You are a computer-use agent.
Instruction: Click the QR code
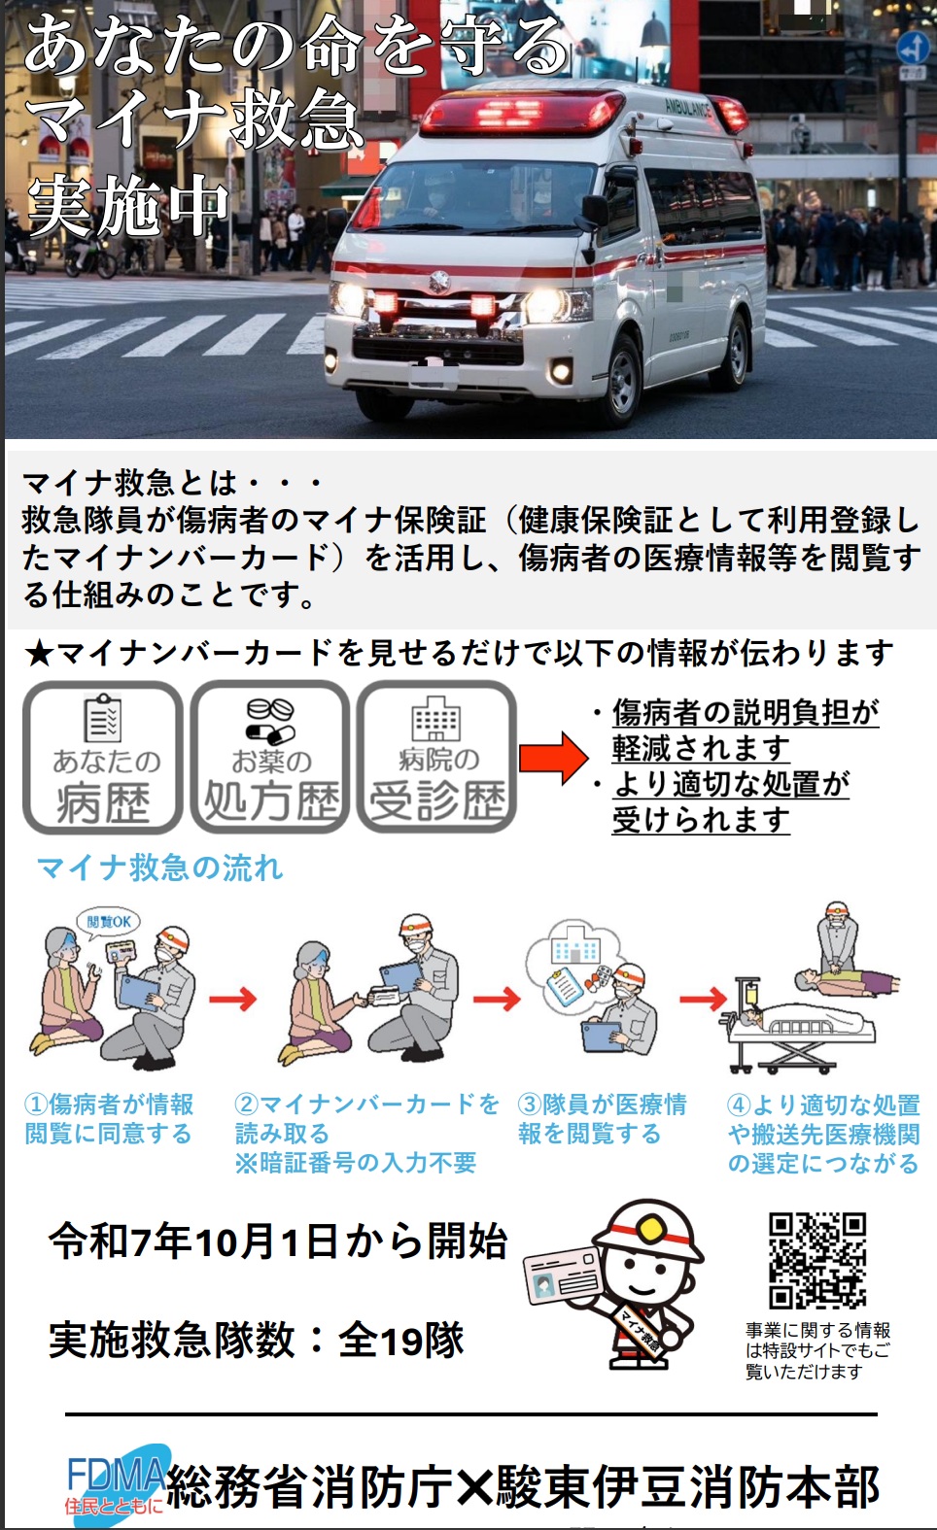click(816, 1259)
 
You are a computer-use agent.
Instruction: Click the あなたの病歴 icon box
click(103, 758)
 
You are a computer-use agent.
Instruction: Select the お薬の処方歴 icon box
click(270, 758)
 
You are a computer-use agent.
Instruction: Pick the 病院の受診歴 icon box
click(436, 758)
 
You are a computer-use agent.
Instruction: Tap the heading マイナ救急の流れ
click(160, 867)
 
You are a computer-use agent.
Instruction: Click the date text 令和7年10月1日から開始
click(279, 1241)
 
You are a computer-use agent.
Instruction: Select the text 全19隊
click(400, 1341)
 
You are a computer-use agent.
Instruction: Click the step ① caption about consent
click(109, 1119)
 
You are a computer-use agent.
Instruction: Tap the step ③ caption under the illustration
click(603, 1119)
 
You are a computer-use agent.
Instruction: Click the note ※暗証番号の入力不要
click(356, 1163)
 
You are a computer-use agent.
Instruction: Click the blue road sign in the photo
click(912, 47)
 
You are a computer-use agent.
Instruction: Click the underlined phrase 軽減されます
click(701, 748)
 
